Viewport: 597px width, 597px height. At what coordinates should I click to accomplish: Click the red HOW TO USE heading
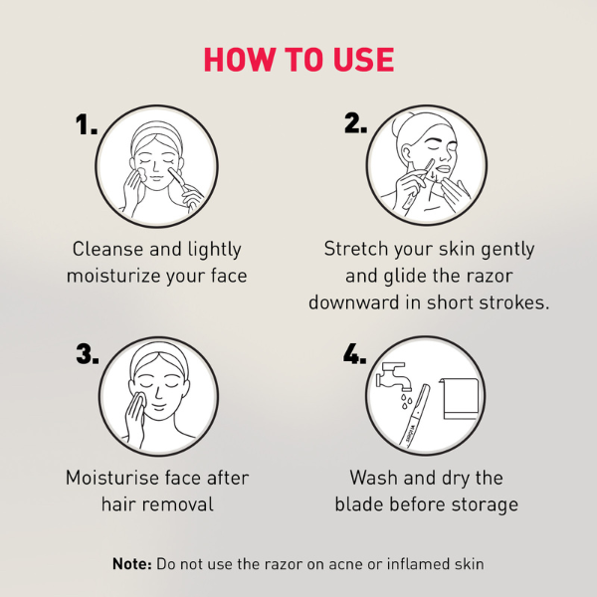(298, 59)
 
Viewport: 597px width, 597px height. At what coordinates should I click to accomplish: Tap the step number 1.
(87, 125)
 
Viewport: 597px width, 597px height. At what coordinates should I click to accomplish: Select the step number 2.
(355, 123)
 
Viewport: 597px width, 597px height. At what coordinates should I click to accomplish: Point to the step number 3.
(87, 354)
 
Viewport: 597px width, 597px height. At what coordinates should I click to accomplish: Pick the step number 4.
(355, 354)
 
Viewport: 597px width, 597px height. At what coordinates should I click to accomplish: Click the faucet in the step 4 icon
(390, 380)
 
